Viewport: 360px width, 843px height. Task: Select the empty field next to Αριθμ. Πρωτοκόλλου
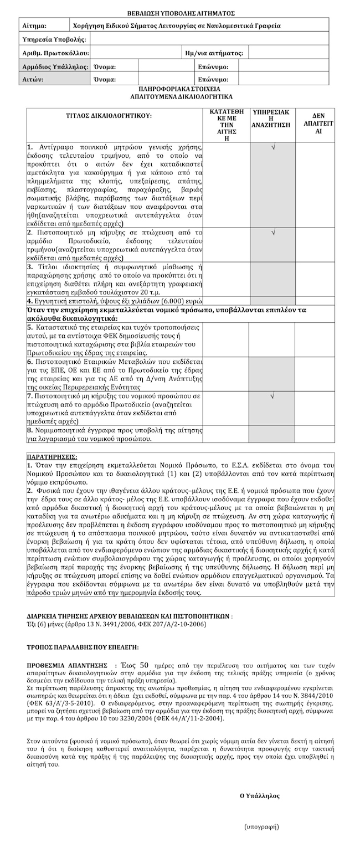(x=136, y=53)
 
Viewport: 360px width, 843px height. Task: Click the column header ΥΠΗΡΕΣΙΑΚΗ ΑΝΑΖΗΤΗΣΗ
(x=271, y=119)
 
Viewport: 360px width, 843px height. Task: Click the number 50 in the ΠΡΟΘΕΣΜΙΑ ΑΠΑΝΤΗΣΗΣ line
(x=145, y=665)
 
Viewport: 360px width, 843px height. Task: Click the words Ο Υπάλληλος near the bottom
(x=259, y=796)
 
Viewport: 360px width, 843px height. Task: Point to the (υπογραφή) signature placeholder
(x=261, y=827)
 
